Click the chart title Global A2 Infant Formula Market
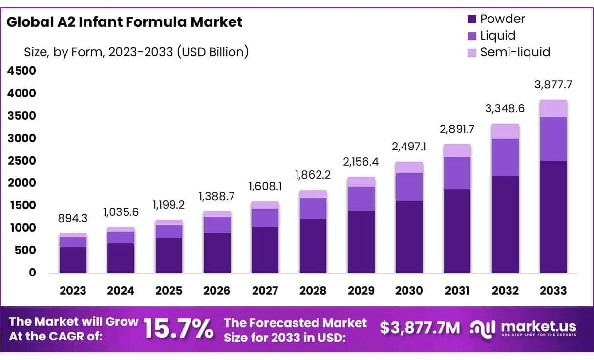click(125, 22)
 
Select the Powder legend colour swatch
click(472, 20)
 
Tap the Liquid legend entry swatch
click(472, 36)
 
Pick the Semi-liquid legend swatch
click(472, 52)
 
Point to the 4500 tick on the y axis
click(21, 71)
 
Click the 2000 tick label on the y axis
click(21, 183)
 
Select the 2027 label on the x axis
click(265, 291)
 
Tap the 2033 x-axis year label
click(553, 291)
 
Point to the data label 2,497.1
click(409, 147)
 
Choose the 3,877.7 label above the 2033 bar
click(553, 85)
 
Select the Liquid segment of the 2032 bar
click(505, 157)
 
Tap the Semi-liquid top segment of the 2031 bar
click(457, 150)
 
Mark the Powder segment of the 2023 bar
click(73, 260)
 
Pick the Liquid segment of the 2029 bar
click(361, 198)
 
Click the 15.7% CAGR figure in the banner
click(178, 329)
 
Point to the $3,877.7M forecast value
click(420, 328)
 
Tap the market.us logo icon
click(483, 328)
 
